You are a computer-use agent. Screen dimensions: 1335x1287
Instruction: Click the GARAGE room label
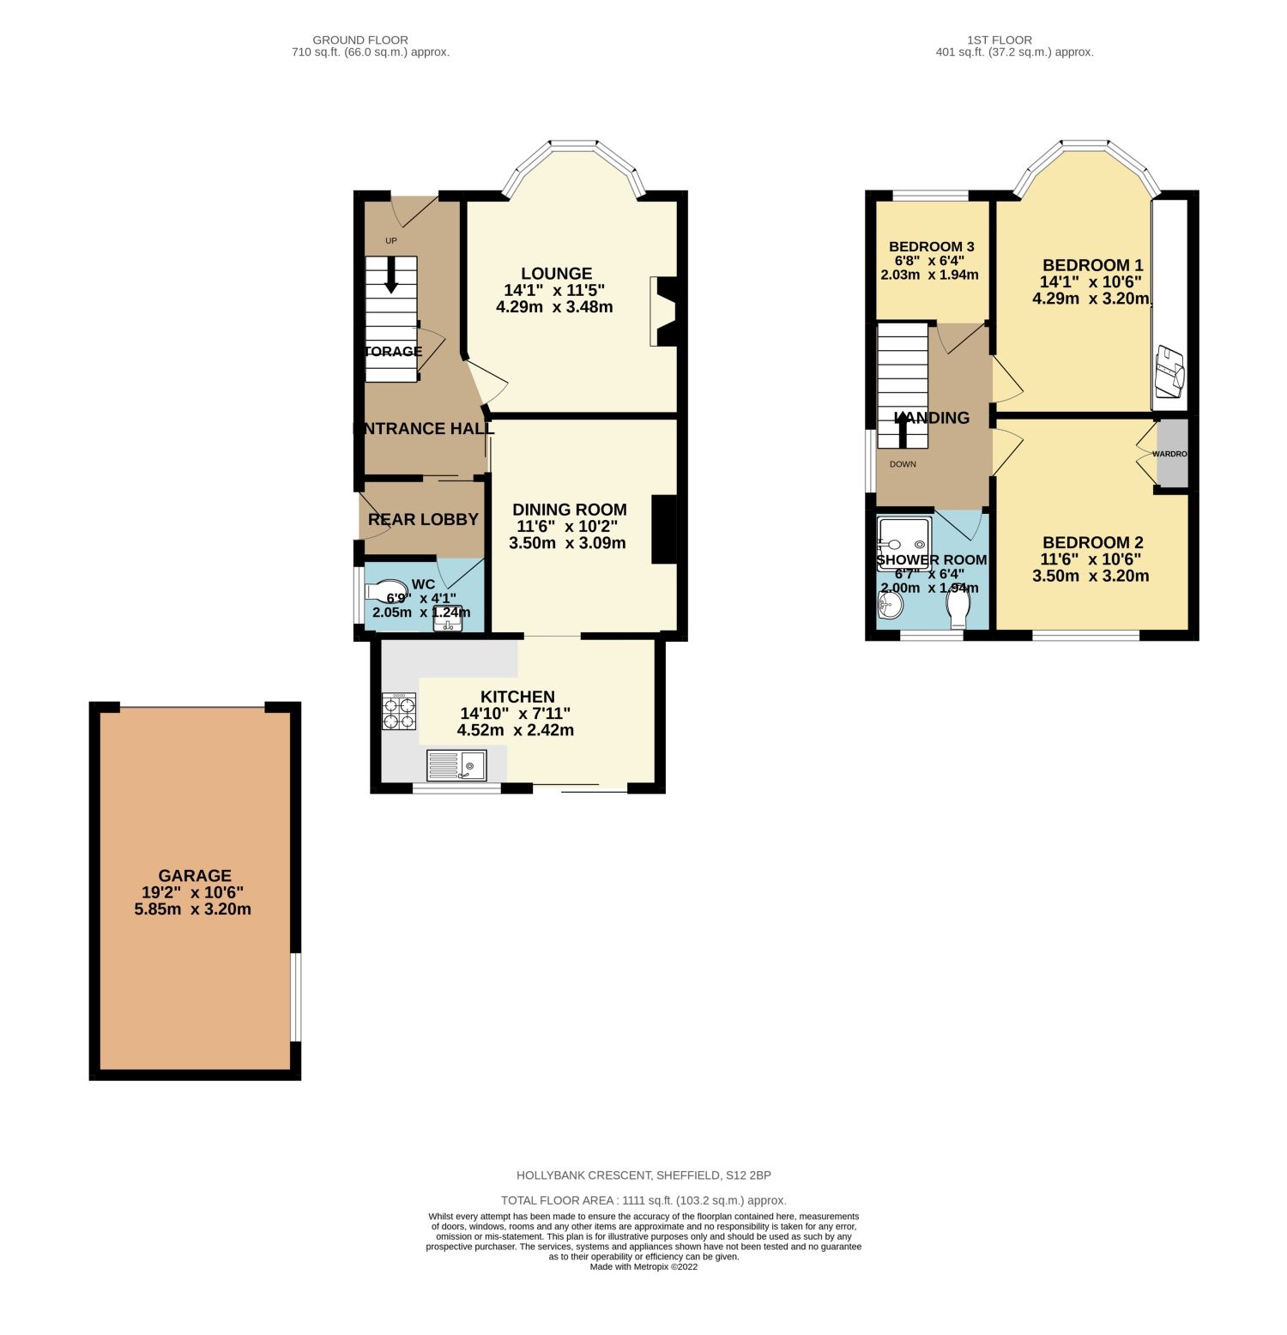[x=195, y=876]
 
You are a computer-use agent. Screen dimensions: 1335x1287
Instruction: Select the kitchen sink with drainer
[x=456, y=764]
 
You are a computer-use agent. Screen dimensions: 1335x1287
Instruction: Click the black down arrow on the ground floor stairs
[x=391, y=275]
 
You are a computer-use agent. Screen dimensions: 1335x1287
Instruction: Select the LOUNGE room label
[x=556, y=275]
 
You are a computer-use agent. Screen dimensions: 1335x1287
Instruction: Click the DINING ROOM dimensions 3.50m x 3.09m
[x=567, y=543]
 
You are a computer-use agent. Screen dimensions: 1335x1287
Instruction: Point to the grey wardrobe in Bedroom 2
[x=1172, y=453]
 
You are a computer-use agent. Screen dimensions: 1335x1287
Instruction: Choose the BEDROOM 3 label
[x=931, y=247]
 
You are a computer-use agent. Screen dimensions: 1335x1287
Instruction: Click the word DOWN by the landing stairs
[x=903, y=464]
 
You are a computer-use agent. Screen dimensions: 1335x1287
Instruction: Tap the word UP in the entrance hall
[x=391, y=241]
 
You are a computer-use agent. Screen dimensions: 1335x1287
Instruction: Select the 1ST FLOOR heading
[x=999, y=39]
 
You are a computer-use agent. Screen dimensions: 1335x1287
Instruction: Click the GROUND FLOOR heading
[x=360, y=39]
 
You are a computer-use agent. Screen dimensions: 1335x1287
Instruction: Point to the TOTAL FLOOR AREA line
[x=643, y=1200]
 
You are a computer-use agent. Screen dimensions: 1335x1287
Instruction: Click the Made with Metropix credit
[x=643, y=1266]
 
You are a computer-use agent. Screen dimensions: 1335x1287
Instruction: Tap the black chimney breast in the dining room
[x=664, y=529]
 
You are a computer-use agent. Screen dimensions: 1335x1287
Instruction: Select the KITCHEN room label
[x=517, y=698]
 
